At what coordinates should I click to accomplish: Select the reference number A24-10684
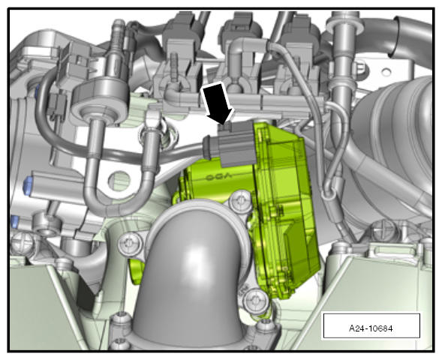tap(371, 328)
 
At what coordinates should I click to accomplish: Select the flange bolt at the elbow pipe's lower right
tap(255, 301)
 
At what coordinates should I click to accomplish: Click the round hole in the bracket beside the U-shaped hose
tap(119, 179)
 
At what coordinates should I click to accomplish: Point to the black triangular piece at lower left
tap(86, 294)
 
